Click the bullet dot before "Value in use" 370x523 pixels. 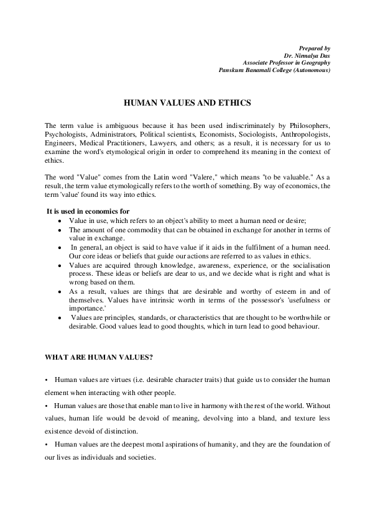click(58, 221)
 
